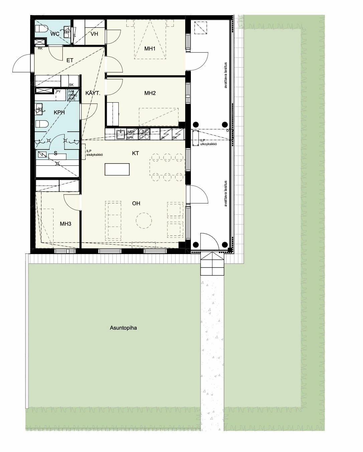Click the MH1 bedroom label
(150, 49)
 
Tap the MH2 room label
(150, 93)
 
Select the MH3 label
(66, 224)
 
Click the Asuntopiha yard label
(123, 328)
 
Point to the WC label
(55, 34)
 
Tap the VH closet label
(94, 34)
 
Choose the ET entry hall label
(70, 61)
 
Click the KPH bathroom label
(59, 113)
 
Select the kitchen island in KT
(117, 169)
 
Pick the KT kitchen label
(135, 153)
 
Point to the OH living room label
(136, 203)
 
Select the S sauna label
(55, 154)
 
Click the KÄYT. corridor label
(93, 93)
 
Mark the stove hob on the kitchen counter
(145, 134)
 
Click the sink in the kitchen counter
(120, 134)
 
